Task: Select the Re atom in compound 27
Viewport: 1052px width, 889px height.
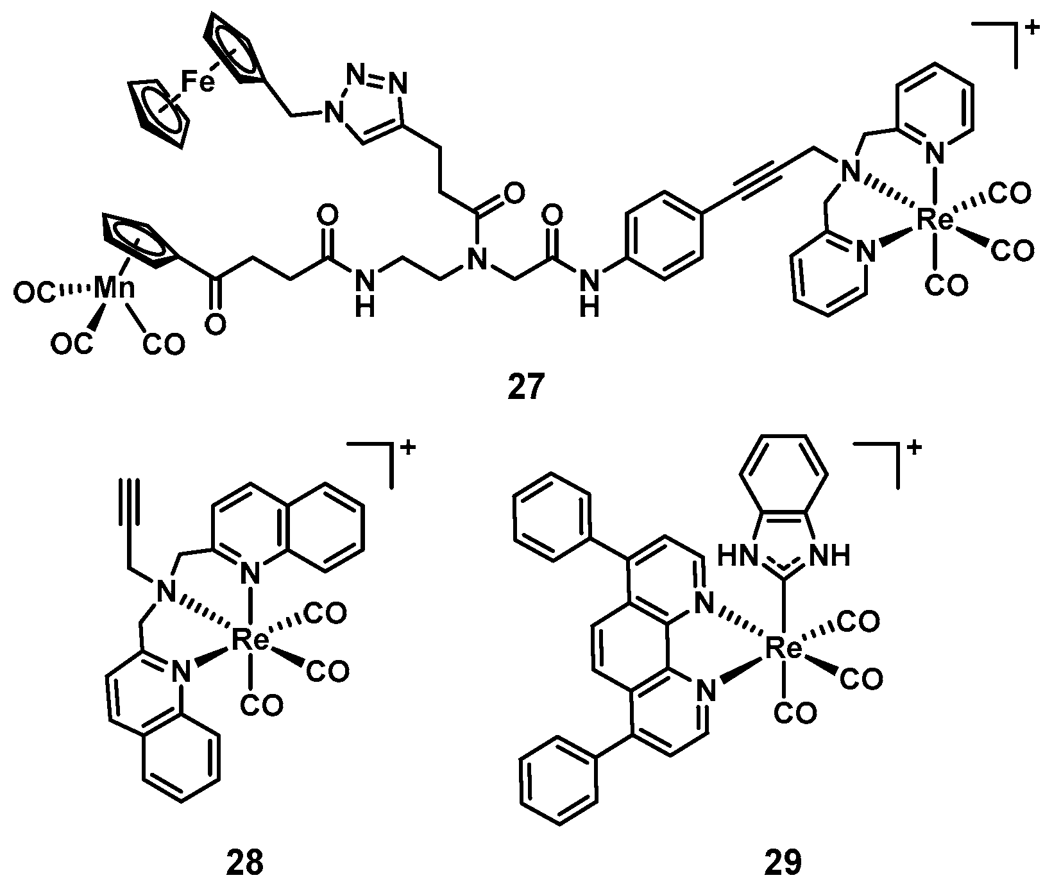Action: point(935,221)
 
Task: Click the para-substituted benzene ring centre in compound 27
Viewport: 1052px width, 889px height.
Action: point(666,236)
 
